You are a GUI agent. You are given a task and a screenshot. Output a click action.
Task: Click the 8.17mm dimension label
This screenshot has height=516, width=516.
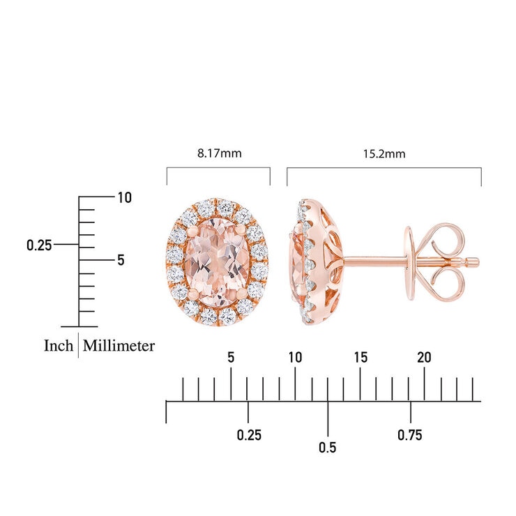tap(220, 153)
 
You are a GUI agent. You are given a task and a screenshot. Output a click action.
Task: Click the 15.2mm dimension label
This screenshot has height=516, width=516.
tap(384, 154)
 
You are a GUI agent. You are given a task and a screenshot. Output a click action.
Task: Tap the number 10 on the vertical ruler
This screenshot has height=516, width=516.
tap(125, 198)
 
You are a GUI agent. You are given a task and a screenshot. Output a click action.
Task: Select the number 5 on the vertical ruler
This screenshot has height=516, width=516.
tap(121, 260)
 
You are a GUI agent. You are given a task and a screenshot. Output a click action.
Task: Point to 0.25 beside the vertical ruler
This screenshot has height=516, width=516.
tap(39, 245)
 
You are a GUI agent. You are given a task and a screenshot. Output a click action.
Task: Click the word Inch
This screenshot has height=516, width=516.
tap(59, 346)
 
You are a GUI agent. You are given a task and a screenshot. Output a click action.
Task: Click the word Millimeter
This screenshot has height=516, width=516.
tap(119, 346)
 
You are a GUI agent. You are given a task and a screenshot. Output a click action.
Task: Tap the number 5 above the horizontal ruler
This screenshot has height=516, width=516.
tap(231, 358)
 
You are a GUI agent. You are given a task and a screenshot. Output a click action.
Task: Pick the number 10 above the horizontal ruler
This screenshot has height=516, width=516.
tap(295, 358)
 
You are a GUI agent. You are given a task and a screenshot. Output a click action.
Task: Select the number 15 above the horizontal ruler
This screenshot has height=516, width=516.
tap(361, 358)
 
